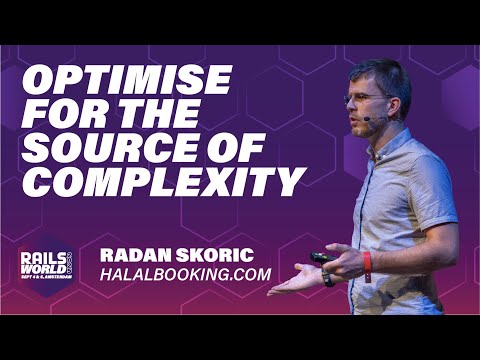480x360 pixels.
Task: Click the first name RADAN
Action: tap(139, 255)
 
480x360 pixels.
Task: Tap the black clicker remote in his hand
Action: tap(320, 257)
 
